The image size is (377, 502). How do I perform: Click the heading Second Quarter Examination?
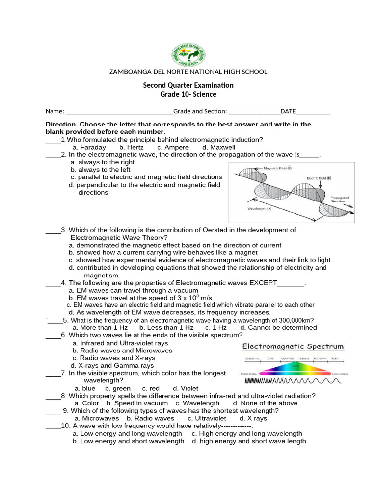188,85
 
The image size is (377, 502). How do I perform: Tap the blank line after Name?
119,112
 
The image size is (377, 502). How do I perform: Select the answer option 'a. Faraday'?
89,147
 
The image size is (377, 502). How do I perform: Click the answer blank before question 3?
53,230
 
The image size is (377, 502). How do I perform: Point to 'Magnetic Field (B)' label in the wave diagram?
277,168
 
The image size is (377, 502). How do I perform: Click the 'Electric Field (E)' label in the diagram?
319,178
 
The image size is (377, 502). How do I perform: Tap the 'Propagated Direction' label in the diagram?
340,199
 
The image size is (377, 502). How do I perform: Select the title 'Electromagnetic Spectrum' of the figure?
294,347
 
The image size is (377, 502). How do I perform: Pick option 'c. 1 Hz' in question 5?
216,328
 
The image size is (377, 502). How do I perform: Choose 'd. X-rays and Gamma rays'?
112,366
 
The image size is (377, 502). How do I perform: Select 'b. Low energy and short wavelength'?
128,441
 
